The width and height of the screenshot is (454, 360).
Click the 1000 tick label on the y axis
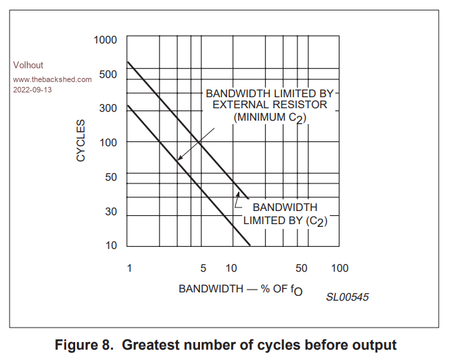pyautogui.click(x=106, y=39)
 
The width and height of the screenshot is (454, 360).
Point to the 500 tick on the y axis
pyautogui.click(x=108, y=74)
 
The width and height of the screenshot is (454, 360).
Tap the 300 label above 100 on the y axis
pyautogui.click(x=108, y=108)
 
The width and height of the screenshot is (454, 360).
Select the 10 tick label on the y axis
pyautogui.click(x=111, y=246)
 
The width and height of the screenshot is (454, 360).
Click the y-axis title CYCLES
pyautogui.click(x=81, y=141)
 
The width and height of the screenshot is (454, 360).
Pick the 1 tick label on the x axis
pyautogui.click(x=129, y=268)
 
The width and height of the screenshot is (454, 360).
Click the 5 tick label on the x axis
pyautogui.click(x=203, y=268)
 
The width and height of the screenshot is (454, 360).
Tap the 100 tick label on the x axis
pyautogui.click(x=339, y=268)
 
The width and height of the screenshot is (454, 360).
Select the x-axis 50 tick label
pyautogui.click(x=302, y=268)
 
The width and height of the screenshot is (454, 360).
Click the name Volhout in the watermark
pyautogui.click(x=28, y=66)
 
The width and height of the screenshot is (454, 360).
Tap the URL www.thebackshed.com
pyautogui.click(x=52, y=79)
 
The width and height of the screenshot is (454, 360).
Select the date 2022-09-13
pyautogui.click(x=32, y=90)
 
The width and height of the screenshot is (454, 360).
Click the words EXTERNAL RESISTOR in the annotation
pyautogui.click(x=270, y=105)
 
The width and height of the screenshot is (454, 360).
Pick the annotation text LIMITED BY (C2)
pyautogui.click(x=285, y=221)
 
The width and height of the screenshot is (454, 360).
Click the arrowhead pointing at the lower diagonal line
pyautogui.click(x=179, y=159)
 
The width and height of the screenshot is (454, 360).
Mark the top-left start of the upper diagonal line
pyautogui.click(x=129, y=63)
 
